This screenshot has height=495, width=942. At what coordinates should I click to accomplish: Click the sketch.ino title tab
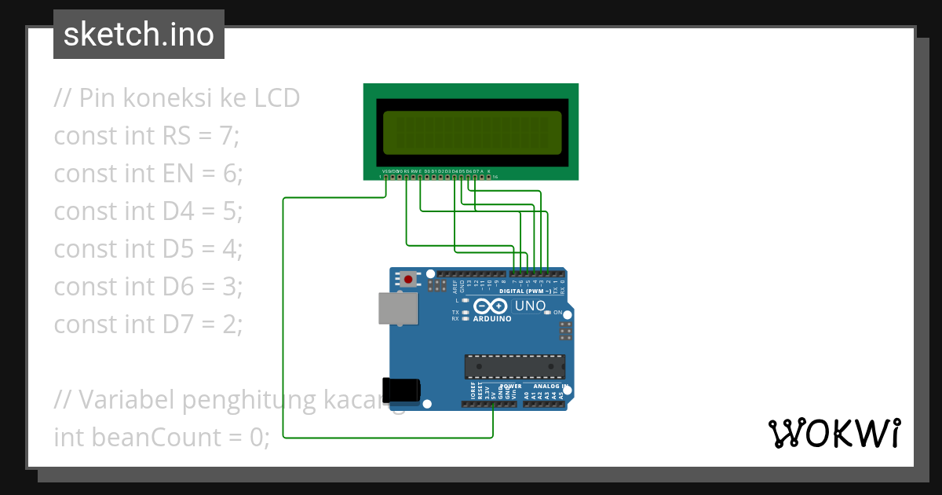pos(139,35)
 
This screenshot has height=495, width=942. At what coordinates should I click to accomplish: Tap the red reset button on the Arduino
pos(408,279)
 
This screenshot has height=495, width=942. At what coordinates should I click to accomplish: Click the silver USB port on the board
pos(399,308)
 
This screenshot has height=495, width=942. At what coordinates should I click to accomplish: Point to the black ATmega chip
pos(514,367)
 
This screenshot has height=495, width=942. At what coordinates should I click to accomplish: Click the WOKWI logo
pos(834,433)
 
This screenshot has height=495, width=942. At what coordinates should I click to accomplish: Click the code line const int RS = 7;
pos(146,136)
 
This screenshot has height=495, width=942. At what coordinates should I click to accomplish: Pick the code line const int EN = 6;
pos(148,174)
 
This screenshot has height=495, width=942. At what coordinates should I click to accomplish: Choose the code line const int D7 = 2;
pos(148,324)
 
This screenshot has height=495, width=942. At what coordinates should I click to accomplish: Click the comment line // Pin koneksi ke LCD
pos(177,98)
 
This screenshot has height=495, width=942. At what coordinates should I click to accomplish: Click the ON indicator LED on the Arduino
pos(547,313)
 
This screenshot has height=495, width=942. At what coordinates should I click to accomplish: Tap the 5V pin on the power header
pos(493,404)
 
